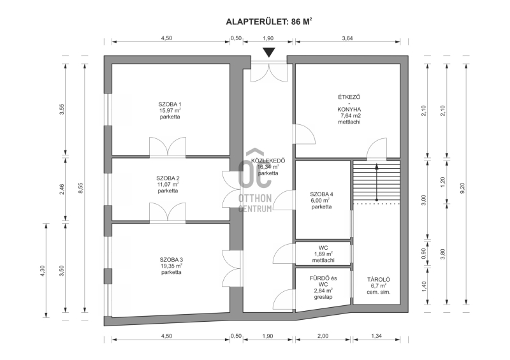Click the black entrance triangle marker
269,52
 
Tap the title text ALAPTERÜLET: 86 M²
269,22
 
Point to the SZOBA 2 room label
168,178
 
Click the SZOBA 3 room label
171,260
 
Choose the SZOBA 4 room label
322,194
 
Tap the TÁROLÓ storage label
379,279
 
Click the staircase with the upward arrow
376,182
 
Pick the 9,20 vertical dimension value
463,188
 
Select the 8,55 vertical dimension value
81,188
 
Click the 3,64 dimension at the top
347,38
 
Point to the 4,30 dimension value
42,271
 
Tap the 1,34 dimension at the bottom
376,336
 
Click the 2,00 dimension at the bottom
323,336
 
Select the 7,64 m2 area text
349,116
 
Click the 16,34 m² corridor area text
268,167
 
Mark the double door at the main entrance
269,71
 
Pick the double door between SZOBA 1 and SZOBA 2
168,147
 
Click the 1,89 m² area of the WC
323,254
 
